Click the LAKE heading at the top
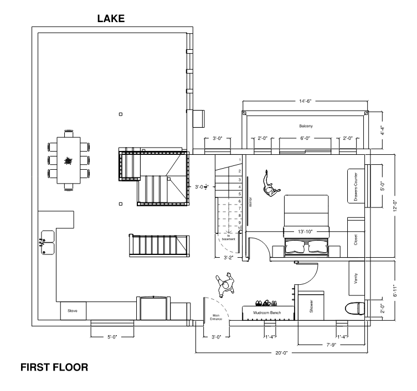pos(111,19)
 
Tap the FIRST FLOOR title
pos(54,367)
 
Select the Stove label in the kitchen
pos(73,311)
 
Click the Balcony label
pos(306,126)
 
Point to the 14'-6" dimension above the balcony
pos(305,101)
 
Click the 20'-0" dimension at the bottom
pos(281,353)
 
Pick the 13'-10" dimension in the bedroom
pos(305,232)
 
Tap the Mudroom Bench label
pos(267,312)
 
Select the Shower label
pos(311,306)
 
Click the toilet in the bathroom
pos(354,309)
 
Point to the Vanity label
pos(356,278)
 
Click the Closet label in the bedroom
pos(356,239)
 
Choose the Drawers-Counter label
pos(356,186)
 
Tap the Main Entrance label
pos(216,317)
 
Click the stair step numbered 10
pos(240,228)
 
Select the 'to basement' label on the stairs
pos(229,237)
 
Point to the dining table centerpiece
pos(69,161)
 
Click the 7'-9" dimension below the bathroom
pos(331,345)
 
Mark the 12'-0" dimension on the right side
pos(395,206)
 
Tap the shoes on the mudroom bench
pos(266,303)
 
